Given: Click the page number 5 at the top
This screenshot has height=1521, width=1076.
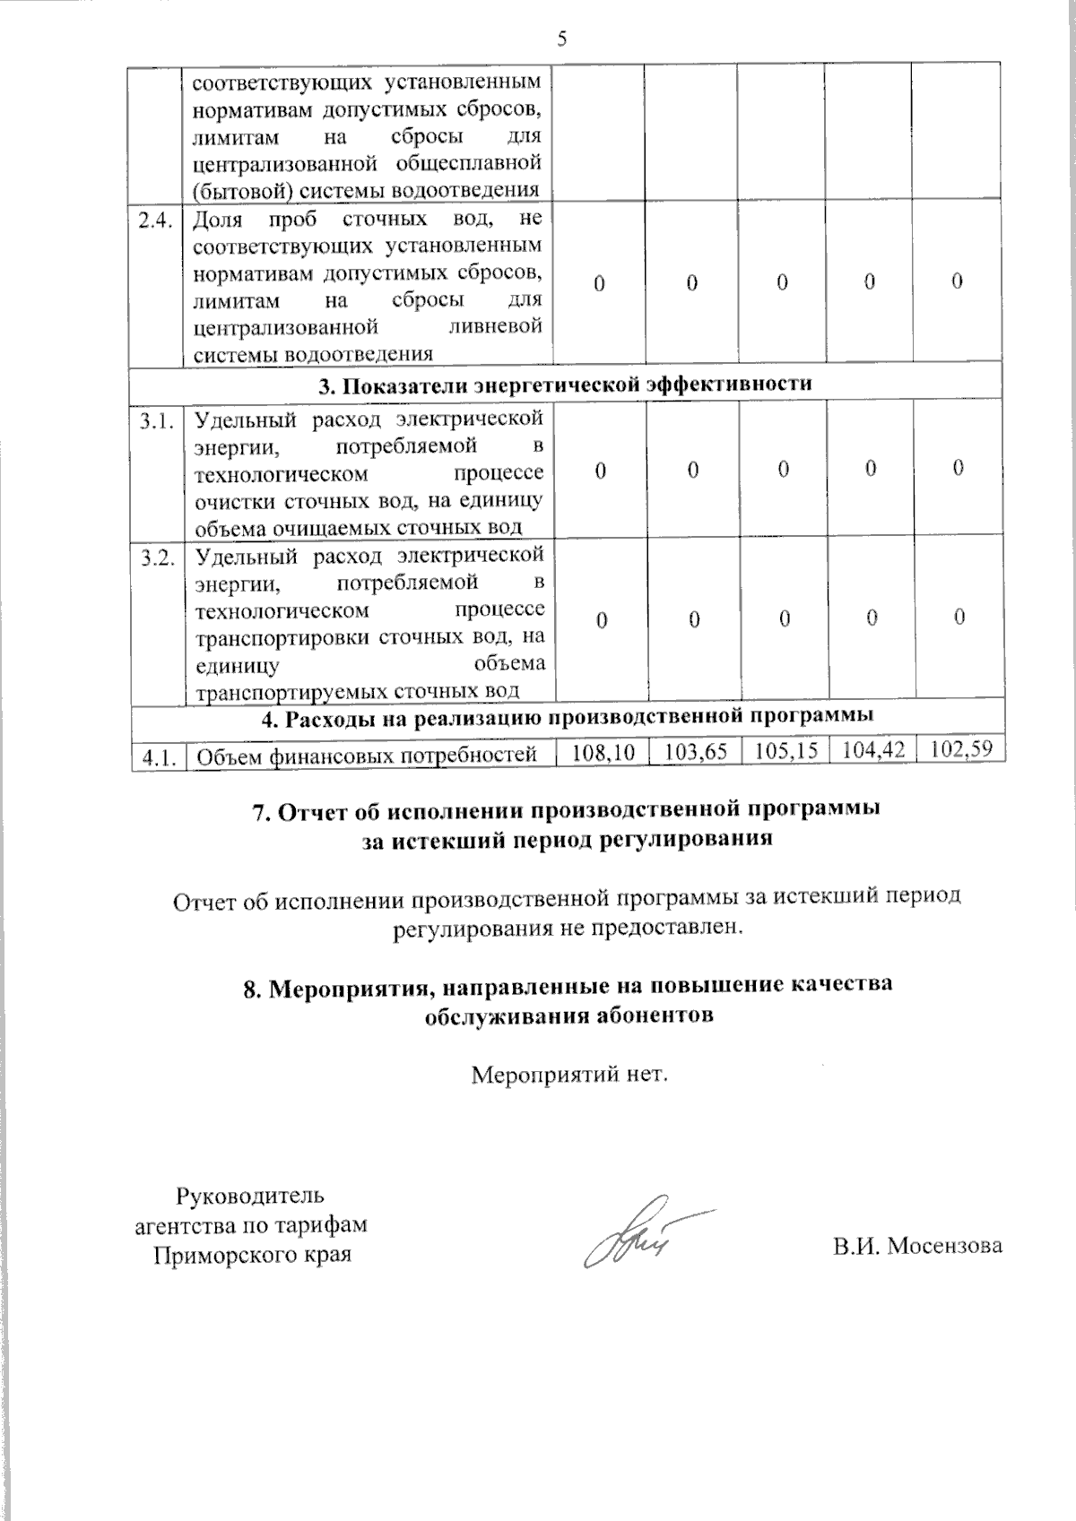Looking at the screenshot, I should click(562, 39).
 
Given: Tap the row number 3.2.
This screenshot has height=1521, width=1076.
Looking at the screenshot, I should click(156, 558).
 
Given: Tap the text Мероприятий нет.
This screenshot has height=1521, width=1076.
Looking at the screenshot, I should click(570, 1073).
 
